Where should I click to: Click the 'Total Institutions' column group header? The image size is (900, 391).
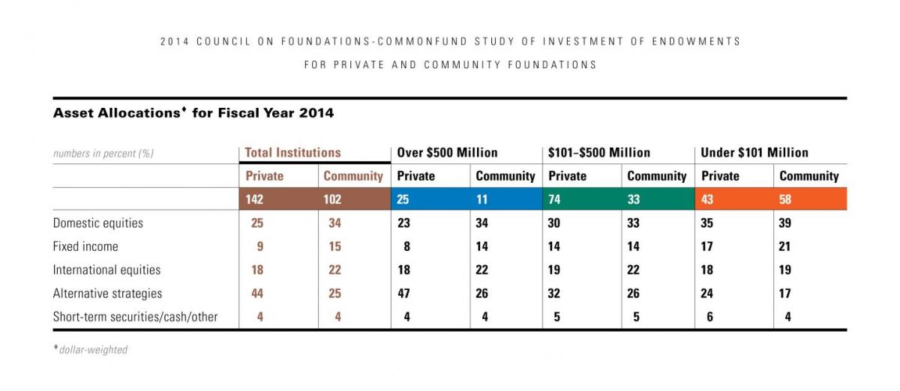pyautogui.click(x=293, y=153)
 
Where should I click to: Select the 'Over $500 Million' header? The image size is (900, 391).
pyautogui.click(x=447, y=153)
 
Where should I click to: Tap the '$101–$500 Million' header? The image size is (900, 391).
pyautogui.click(x=599, y=153)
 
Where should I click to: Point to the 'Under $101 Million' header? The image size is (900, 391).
pyautogui.click(x=754, y=153)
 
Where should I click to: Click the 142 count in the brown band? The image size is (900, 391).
pyautogui.click(x=254, y=199)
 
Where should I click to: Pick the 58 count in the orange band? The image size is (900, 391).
pyautogui.click(x=785, y=199)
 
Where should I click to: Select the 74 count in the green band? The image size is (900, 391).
pyautogui.click(x=554, y=199)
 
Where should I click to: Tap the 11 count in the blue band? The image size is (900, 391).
pyautogui.click(x=481, y=199)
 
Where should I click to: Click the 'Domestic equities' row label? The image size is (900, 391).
pyautogui.click(x=98, y=223)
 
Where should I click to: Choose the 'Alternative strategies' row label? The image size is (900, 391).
pyautogui.click(x=107, y=294)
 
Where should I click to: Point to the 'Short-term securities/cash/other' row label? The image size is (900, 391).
pyautogui.click(x=135, y=317)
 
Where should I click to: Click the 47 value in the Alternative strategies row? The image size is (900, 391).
pyautogui.click(x=403, y=294)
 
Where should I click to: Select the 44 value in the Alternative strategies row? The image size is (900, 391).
pyautogui.click(x=257, y=294)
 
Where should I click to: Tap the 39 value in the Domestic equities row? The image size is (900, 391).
pyautogui.click(x=785, y=222)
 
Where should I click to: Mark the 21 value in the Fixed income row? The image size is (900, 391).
pyautogui.click(x=784, y=246)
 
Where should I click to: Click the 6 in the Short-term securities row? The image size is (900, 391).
pyautogui.click(x=710, y=317)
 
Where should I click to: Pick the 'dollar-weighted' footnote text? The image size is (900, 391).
pyautogui.click(x=93, y=350)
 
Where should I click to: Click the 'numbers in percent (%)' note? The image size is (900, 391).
pyautogui.click(x=103, y=154)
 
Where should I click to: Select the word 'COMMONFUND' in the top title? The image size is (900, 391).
pyautogui.click(x=422, y=41)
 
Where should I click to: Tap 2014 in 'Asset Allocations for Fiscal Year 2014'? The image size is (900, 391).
pyautogui.click(x=316, y=113)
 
